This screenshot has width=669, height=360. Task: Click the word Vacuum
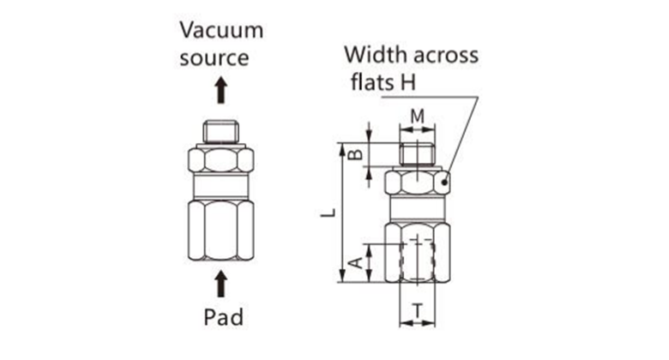click(x=220, y=30)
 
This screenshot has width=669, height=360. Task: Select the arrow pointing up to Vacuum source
click(x=220, y=89)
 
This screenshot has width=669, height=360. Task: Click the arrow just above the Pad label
click(x=220, y=283)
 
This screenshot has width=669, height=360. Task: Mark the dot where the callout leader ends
click(x=443, y=182)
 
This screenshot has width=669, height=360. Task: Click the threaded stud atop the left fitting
click(x=220, y=131)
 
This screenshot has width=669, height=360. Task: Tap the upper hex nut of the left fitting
click(x=220, y=159)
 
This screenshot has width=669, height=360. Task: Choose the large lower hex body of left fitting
click(x=220, y=230)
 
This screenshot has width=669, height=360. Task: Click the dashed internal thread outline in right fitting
click(x=418, y=262)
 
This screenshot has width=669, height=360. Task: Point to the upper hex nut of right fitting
click(x=416, y=183)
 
